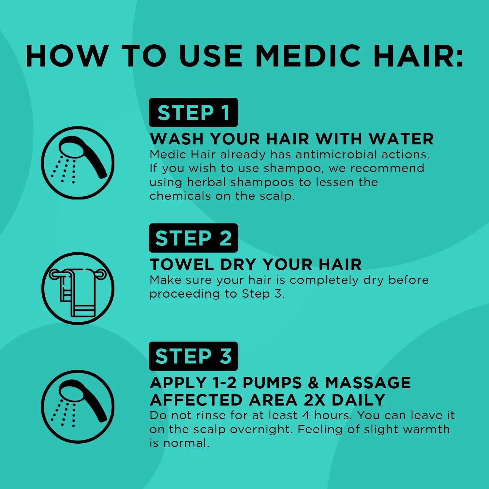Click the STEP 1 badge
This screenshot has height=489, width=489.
pos(193,112)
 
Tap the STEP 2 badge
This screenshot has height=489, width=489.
pos(193,238)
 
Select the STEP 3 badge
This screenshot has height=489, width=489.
pos(193,356)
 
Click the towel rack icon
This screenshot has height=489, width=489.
pos(78,289)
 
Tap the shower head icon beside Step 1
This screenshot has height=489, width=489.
pos(78,163)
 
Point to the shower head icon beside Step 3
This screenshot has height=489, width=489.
pos(78,407)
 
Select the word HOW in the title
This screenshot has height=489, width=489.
pos(67,56)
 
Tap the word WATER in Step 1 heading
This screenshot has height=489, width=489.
pos(401,139)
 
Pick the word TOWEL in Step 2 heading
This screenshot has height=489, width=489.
pos(182,264)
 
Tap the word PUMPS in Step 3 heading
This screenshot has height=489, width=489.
pos(272,383)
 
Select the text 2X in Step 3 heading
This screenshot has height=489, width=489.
pos(315,400)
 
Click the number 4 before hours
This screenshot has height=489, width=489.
pos(306,415)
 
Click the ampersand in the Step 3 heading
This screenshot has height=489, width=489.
pos(313,383)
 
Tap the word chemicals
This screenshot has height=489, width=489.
pos(180,196)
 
